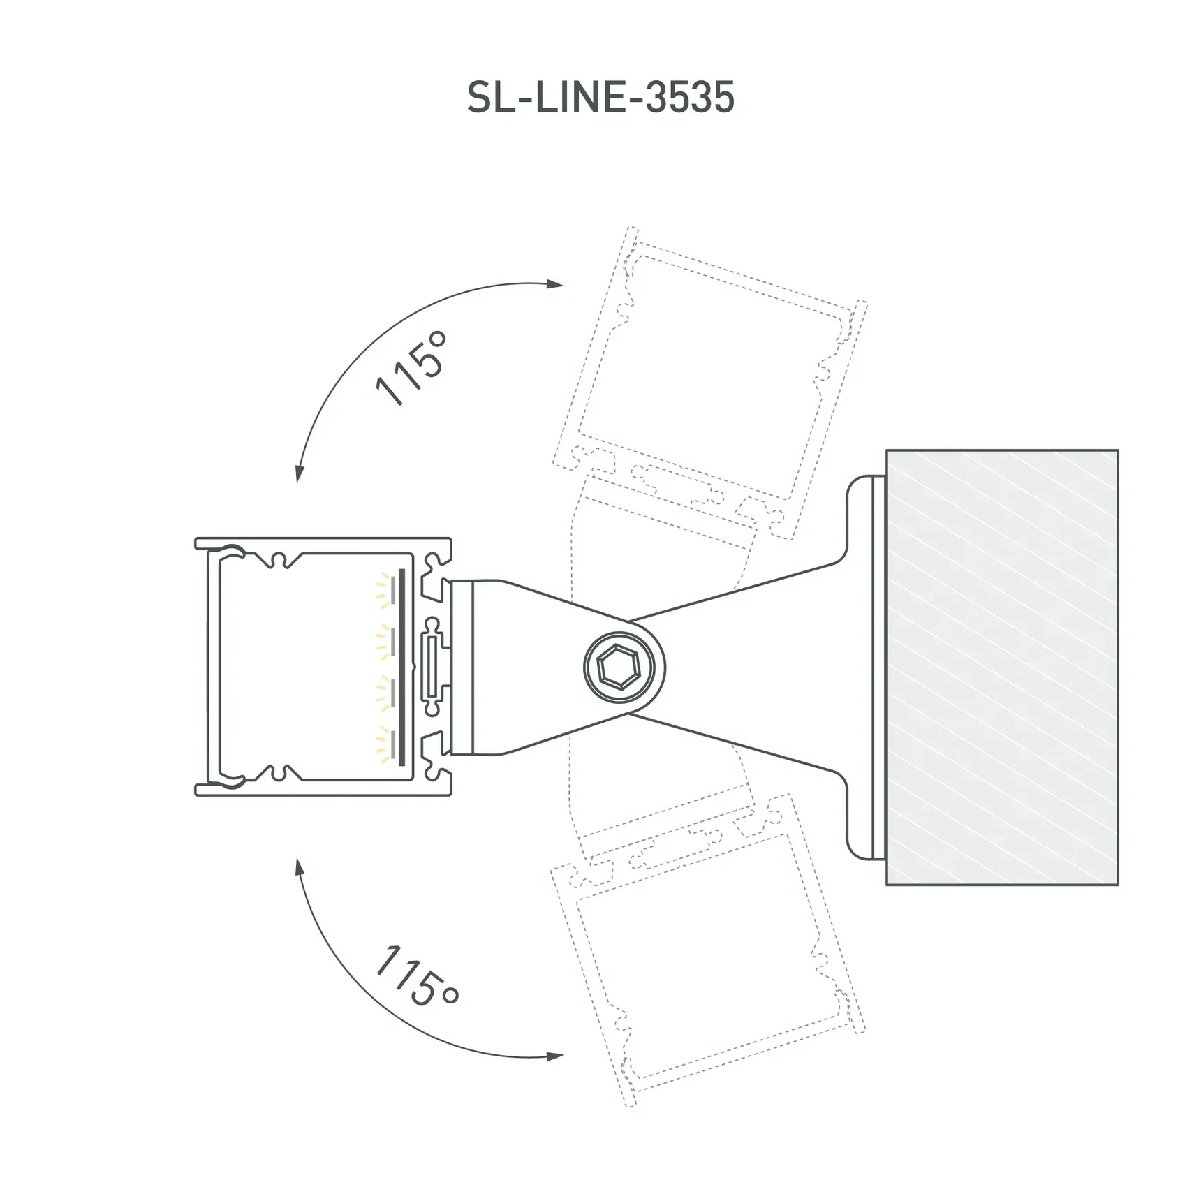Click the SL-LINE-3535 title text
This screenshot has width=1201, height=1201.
(600, 98)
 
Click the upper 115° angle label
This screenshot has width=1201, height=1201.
(411, 368)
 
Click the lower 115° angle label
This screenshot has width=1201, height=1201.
(416, 977)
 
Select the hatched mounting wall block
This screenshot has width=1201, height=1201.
(1002, 667)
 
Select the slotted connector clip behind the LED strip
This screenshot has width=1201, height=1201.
(433, 667)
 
